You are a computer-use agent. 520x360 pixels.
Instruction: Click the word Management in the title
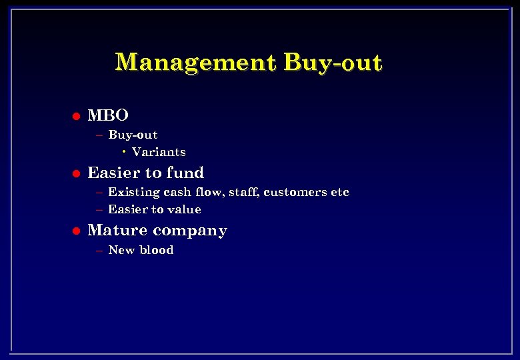click(195, 62)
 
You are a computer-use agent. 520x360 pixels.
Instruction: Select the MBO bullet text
click(108, 115)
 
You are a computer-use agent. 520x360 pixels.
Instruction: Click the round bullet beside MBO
click(76, 116)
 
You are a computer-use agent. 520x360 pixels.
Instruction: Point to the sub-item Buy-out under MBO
click(133, 135)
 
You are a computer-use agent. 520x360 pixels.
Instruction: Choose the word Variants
click(159, 152)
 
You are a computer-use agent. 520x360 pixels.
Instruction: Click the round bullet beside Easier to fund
click(76, 173)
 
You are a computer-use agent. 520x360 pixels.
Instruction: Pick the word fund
click(185, 173)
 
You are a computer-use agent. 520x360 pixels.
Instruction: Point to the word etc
click(340, 192)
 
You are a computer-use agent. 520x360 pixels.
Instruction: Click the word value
click(185, 209)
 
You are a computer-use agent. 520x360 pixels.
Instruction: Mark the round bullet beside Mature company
click(76, 231)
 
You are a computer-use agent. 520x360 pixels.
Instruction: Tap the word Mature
click(114, 231)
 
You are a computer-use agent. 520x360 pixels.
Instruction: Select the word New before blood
click(121, 250)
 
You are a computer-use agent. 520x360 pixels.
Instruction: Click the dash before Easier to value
click(99, 209)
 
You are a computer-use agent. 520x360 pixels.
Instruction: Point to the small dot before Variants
click(125, 152)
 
